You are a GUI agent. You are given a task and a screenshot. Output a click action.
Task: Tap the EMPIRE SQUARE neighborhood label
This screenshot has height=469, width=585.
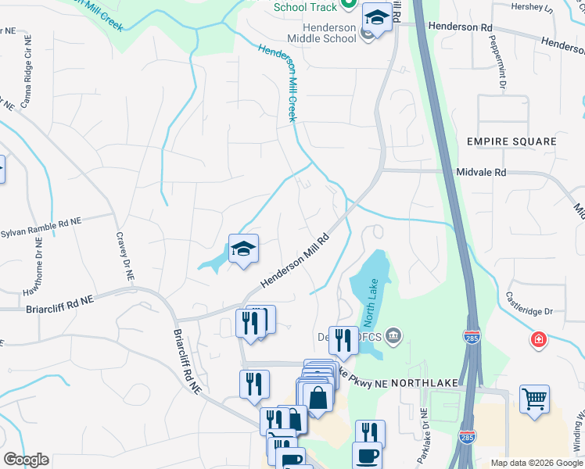(x=511, y=141)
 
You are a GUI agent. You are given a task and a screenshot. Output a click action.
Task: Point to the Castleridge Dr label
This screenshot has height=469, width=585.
(x=529, y=304)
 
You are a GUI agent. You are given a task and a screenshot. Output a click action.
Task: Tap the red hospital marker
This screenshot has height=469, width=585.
(x=538, y=340)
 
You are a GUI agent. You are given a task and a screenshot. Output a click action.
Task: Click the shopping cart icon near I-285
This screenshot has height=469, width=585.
(x=534, y=399)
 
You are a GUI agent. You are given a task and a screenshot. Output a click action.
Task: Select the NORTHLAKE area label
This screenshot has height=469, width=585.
(x=422, y=384)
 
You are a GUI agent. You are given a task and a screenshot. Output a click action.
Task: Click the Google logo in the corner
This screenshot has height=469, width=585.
(x=26, y=459)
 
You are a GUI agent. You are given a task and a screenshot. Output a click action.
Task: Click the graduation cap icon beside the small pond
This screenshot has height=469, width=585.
(x=243, y=249)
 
